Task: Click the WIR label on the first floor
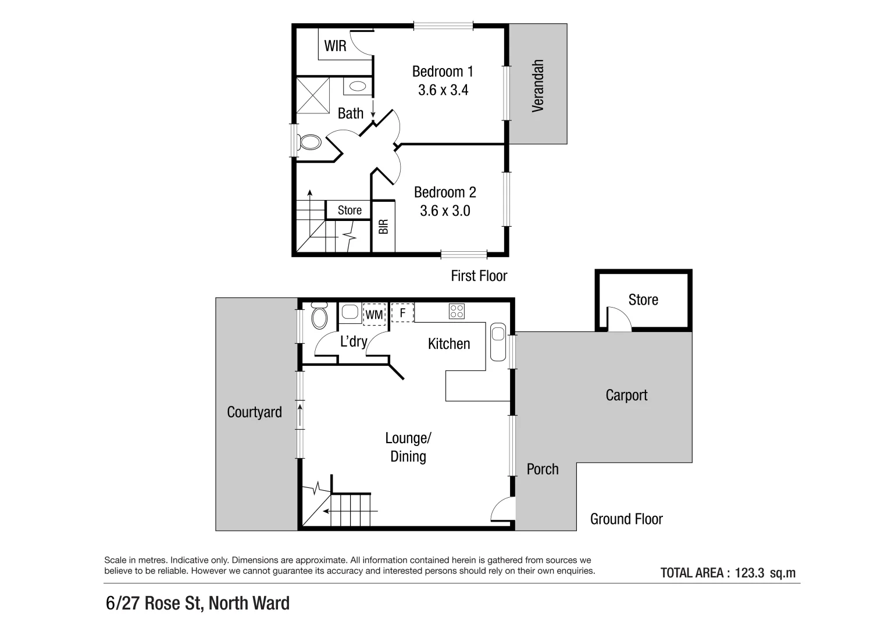(x=335, y=46)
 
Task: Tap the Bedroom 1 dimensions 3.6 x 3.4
(x=443, y=90)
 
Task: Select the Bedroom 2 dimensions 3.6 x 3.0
(x=445, y=210)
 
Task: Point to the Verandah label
(x=538, y=85)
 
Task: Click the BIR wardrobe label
(x=383, y=227)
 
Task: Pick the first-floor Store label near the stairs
(x=350, y=210)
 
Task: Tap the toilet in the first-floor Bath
(x=309, y=142)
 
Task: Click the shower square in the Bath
(x=313, y=95)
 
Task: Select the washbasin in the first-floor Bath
(x=357, y=86)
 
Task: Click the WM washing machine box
(x=374, y=315)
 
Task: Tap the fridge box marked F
(x=402, y=312)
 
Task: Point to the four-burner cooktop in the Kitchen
(x=457, y=312)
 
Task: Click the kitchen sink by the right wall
(x=498, y=341)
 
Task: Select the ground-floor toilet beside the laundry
(x=319, y=316)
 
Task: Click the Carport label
(x=626, y=395)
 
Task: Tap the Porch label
(x=542, y=469)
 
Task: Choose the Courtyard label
(x=254, y=412)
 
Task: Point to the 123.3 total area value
(x=749, y=573)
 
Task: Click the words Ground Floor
(x=626, y=519)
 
